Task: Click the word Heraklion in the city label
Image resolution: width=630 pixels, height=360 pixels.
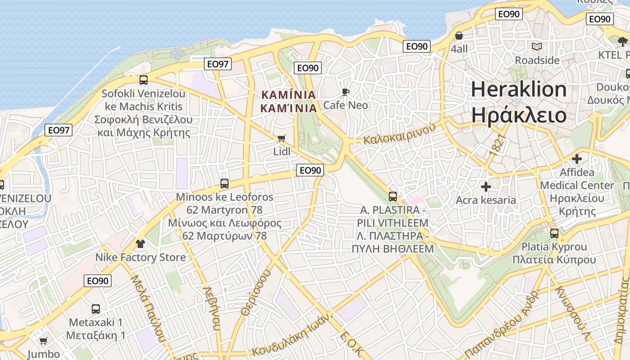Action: tap(518, 90)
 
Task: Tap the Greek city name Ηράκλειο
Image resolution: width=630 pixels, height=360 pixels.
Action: tap(518, 115)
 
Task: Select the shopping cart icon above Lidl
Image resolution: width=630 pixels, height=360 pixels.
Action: tap(282, 138)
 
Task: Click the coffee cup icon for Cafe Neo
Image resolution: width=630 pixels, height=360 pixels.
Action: tap(345, 92)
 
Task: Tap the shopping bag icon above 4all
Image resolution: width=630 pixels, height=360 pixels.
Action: tap(459, 36)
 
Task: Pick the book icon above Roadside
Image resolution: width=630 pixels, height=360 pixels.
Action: tap(537, 46)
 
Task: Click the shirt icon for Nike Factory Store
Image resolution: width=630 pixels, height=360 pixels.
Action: tap(140, 244)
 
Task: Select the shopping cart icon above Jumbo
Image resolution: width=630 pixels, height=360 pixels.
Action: tap(43, 341)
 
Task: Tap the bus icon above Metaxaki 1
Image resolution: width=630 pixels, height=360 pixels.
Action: tap(95, 309)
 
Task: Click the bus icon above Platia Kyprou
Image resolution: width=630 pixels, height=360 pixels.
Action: tap(554, 234)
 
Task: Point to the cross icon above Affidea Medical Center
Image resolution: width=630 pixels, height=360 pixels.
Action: tap(577, 159)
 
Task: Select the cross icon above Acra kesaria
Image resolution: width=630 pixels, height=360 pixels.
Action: tap(486, 187)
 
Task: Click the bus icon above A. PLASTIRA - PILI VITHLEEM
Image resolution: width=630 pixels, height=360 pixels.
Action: tap(393, 197)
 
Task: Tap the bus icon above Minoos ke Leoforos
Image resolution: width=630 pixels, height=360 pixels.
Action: tap(225, 184)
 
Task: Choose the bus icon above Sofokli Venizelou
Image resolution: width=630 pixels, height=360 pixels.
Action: tap(144, 80)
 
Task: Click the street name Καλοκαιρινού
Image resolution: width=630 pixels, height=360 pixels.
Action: tap(400, 134)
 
